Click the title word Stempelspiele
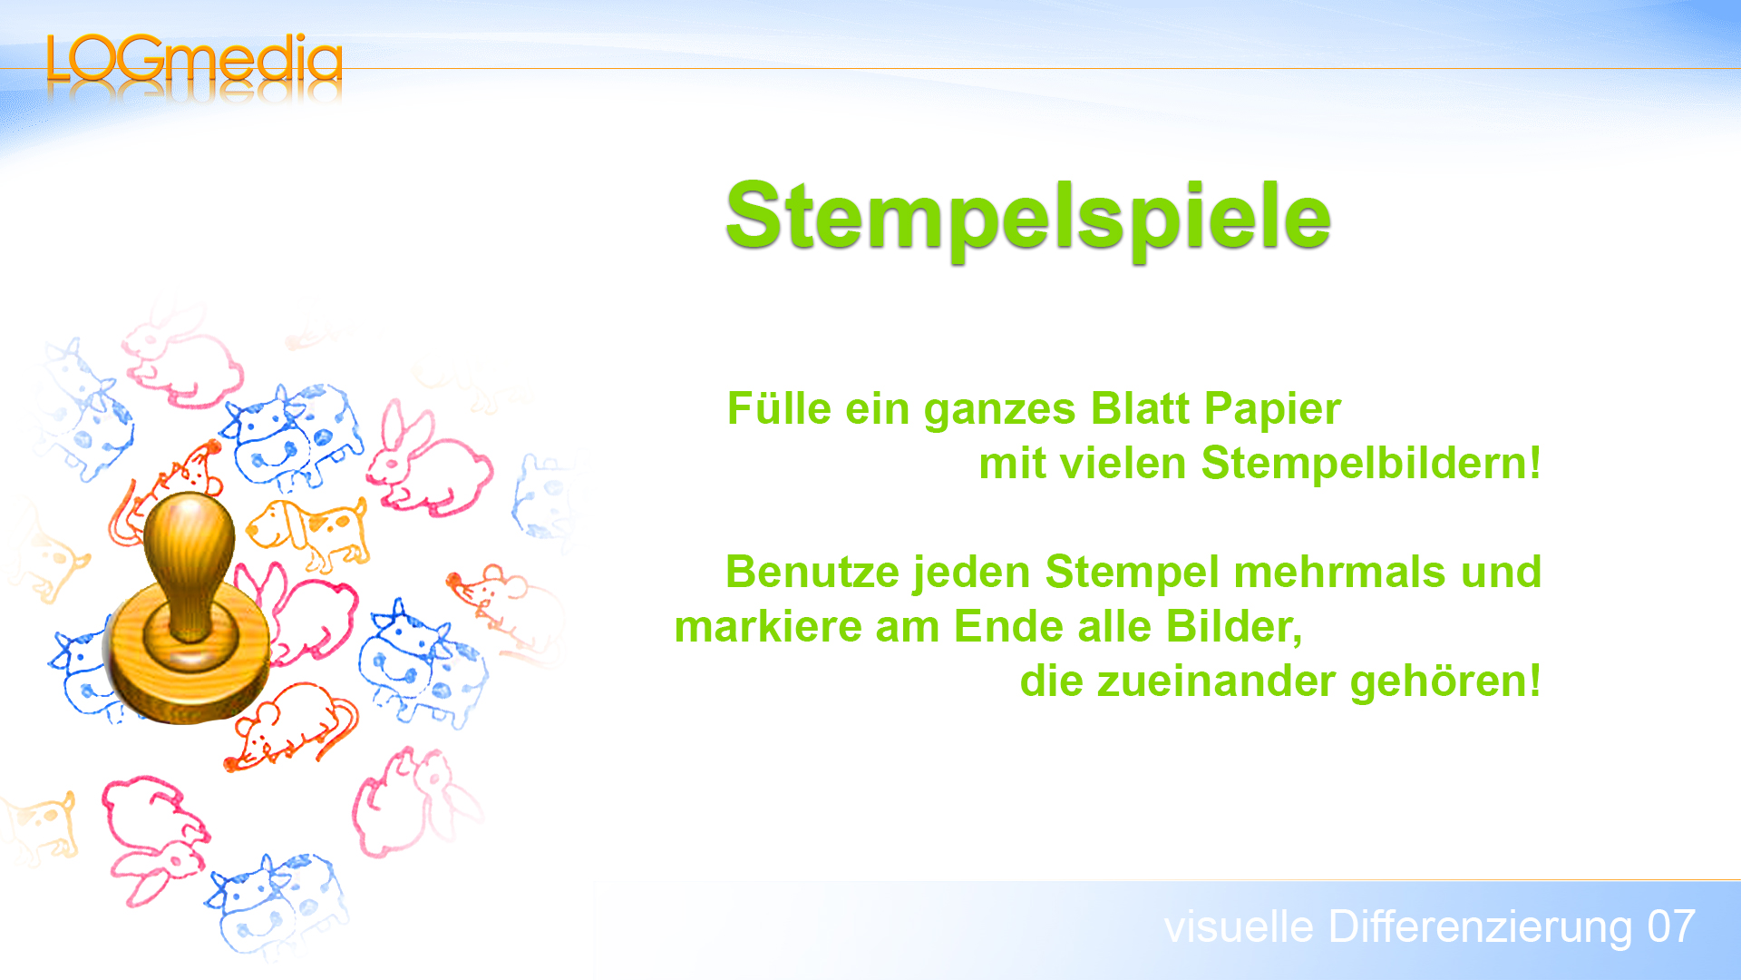click(1027, 216)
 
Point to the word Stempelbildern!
click(1370, 464)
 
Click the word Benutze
click(812, 573)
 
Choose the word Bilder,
click(1234, 627)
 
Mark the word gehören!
click(1445, 681)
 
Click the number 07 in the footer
click(1670, 927)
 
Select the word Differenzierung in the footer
click(1480, 927)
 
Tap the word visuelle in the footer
click(1239, 927)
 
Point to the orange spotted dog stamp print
click(308, 531)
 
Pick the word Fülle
click(779, 409)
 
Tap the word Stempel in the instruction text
click(1132, 573)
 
